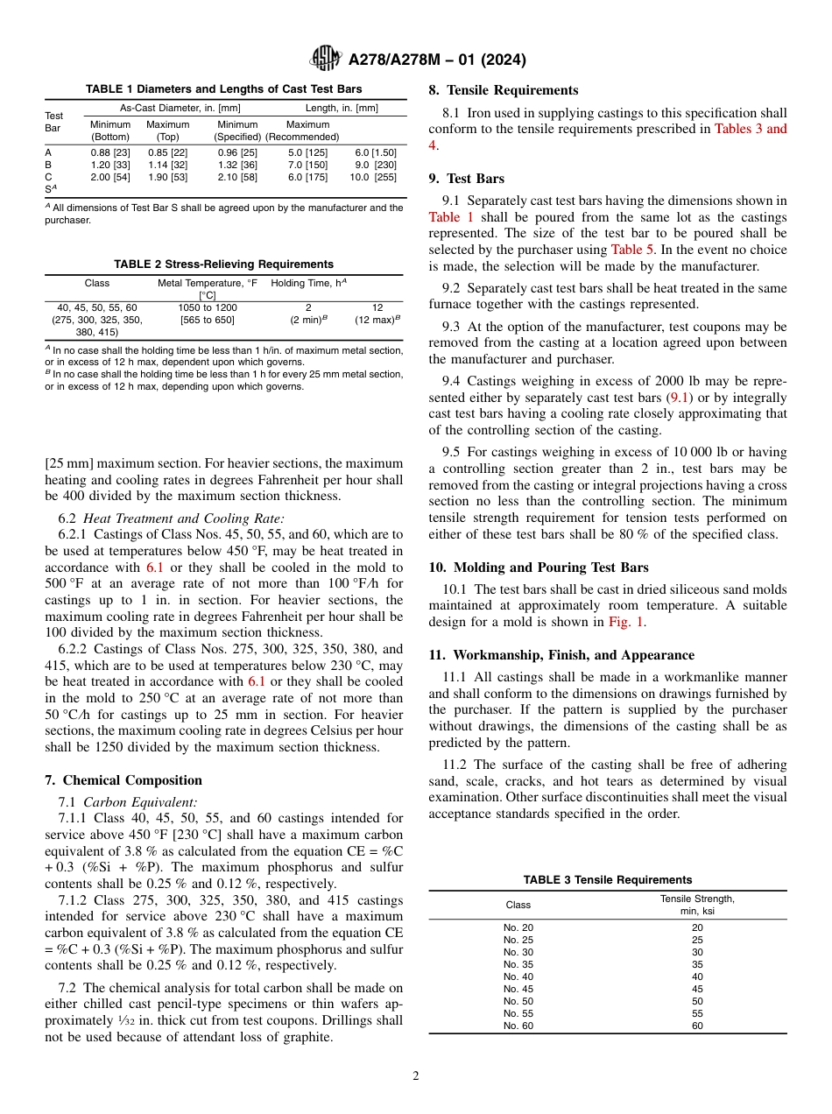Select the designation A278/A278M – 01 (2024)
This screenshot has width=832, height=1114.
(x=437, y=60)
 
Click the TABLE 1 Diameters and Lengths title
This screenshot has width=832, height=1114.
(x=223, y=89)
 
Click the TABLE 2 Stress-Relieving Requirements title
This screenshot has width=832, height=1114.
(x=223, y=264)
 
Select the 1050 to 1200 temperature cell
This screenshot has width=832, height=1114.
(x=208, y=307)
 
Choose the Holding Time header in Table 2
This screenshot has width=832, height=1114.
(x=309, y=284)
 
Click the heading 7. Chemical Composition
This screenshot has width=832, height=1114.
(x=123, y=780)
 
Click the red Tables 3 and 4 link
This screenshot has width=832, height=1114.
(x=751, y=129)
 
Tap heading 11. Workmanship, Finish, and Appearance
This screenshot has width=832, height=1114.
(x=561, y=655)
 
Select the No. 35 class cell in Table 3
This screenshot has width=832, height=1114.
(x=518, y=964)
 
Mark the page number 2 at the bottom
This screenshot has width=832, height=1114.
(x=416, y=1076)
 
